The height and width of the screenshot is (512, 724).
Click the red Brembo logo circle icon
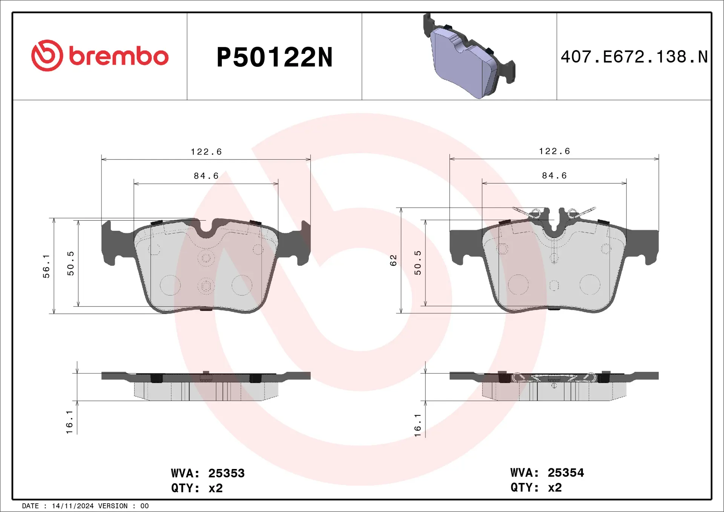pyautogui.click(x=47, y=55)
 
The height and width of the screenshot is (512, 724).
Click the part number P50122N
pyautogui.click(x=274, y=57)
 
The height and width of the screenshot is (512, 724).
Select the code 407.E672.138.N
pyautogui.click(x=634, y=57)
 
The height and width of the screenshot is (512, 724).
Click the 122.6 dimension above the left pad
pyautogui.click(x=206, y=152)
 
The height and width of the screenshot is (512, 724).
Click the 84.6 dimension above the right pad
pyautogui.click(x=554, y=176)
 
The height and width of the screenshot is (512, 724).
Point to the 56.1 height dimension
pyautogui.click(x=46, y=266)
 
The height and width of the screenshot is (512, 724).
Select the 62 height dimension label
pyautogui.click(x=393, y=260)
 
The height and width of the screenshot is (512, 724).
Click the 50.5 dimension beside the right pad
pyautogui.click(x=417, y=263)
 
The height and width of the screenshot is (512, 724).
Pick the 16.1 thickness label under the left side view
pyautogui.click(x=69, y=422)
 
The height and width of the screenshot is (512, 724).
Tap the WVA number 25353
pyautogui.click(x=226, y=473)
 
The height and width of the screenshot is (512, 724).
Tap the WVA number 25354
pyautogui.click(x=566, y=473)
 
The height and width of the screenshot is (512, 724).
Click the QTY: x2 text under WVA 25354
pyautogui.click(x=536, y=487)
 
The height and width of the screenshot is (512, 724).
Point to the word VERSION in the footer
pyautogui.click(x=113, y=506)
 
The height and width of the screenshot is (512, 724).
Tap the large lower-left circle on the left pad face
pyautogui.click(x=170, y=285)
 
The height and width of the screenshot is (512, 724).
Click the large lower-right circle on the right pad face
pyautogui.click(x=589, y=285)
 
